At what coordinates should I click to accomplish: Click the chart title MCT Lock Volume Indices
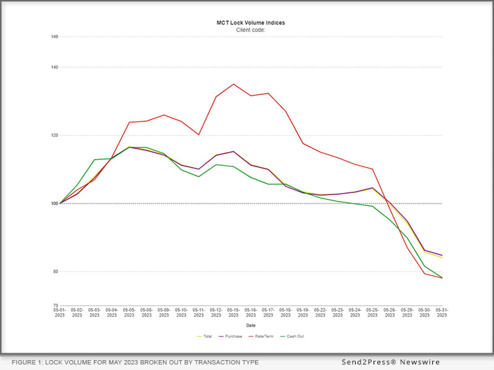[251, 23]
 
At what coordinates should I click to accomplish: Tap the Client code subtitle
[251, 30]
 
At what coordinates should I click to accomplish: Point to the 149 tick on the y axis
[55, 37]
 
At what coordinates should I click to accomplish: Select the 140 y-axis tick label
[55, 67]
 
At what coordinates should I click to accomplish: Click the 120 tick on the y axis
[55, 135]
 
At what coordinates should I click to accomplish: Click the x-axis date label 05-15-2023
[233, 313]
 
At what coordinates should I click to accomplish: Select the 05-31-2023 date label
[442, 313]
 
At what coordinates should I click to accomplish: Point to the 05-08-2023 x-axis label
[146, 313]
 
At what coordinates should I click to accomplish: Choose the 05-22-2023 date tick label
[320, 313]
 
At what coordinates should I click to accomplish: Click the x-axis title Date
[251, 325]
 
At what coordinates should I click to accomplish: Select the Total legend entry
[206, 336]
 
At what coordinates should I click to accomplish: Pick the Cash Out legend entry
[292, 336]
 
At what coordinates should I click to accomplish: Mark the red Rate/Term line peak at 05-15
[233, 84]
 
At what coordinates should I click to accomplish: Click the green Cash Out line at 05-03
[94, 160]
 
